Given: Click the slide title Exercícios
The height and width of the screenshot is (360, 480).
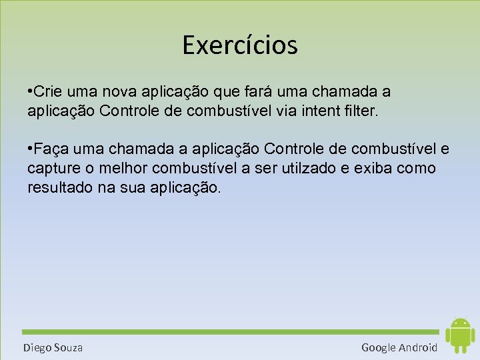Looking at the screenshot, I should (240, 45).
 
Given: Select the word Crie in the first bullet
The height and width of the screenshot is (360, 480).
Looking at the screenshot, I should (46, 91).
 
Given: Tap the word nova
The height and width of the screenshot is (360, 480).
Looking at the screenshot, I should (110, 91).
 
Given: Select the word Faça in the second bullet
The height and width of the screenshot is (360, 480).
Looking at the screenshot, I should (51, 148).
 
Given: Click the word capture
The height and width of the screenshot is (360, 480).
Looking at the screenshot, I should (51, 168).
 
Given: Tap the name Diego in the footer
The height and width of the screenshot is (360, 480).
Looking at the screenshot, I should (36, 347).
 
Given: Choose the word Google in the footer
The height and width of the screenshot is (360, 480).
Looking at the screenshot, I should (379, 347).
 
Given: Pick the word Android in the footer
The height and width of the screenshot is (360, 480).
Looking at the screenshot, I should (419, 347).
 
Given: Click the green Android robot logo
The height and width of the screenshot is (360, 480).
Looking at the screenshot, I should (459, 335).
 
